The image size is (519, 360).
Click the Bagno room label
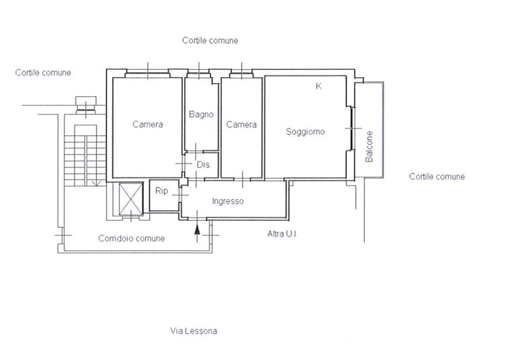point(201,115)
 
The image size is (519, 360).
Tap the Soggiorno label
point(305,132)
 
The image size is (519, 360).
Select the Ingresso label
point(228,201)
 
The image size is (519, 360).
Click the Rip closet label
point(162,191)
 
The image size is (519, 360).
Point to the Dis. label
point(204,165)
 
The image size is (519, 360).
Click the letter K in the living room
point(318,86)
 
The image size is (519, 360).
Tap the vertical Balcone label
point(369,146)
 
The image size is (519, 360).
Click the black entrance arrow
point(197,229)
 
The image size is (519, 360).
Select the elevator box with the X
point(131,198)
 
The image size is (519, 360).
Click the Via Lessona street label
point(194,331)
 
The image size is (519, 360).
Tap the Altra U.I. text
point(282,234)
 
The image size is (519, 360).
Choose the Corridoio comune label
point(131,238)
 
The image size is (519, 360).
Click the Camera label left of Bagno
point(148,124)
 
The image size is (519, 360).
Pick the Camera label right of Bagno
point(241,125)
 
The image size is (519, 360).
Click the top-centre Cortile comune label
point(210,41)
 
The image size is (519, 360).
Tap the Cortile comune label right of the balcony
point(437,177)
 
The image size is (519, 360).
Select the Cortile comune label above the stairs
point(43,73)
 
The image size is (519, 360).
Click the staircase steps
point(85,161)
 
